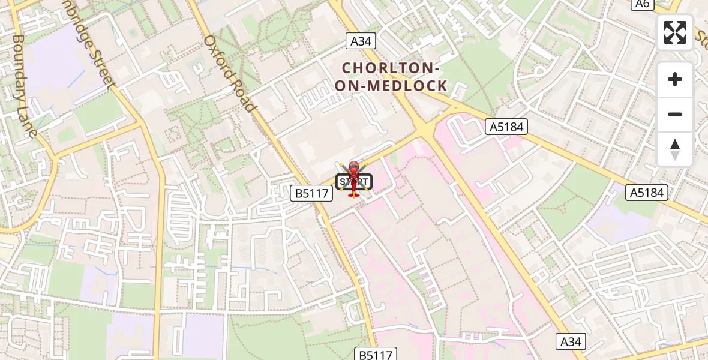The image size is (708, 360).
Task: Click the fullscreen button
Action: [x=675, y=32]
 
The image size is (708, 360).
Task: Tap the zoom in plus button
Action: [x=675, y=79]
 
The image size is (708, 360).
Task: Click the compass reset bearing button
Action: [x=675, y=149]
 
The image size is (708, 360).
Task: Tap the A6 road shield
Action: [x=643, y=4]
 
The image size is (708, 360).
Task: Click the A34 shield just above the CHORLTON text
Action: [x=361, y=41]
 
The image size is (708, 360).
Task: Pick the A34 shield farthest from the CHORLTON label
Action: [x=571, y=341]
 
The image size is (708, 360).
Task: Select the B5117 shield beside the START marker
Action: [x=311, y=193]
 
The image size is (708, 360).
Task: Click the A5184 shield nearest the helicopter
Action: [x=506, y=127]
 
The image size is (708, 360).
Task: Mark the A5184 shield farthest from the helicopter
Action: [x=647, y=192]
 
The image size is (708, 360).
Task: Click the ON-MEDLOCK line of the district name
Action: [x=391, y=86]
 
